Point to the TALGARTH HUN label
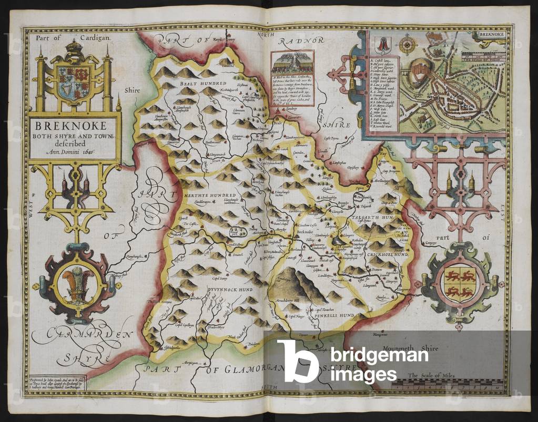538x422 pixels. point(381,216)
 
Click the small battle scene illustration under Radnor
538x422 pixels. point(293,64)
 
